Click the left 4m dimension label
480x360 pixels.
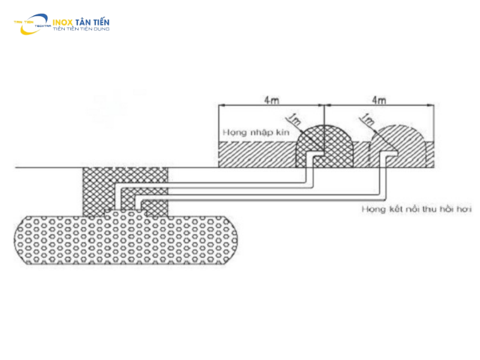tap(271, 100)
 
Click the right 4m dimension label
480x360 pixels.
tap(379, 100)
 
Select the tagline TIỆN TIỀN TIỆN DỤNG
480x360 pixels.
tap(81, 29)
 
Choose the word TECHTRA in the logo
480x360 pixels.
tap(44, 26)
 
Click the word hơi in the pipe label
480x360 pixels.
tap(465, 209)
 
